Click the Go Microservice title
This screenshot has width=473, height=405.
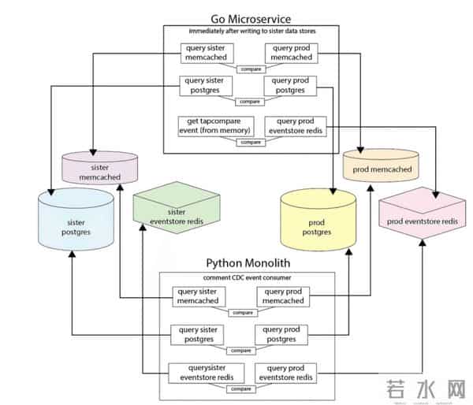click(251, 18)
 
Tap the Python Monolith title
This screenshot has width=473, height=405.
click(248, 263)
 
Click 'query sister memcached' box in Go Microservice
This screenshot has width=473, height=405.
click(206, 52)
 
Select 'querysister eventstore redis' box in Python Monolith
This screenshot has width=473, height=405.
click(207, 373)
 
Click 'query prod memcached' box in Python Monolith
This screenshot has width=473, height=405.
click(281, 296)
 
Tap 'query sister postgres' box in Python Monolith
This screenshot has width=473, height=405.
click(199, 334)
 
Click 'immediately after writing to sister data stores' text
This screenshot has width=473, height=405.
click(251, 31)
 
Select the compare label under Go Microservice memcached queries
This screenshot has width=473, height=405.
click(250, 69)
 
